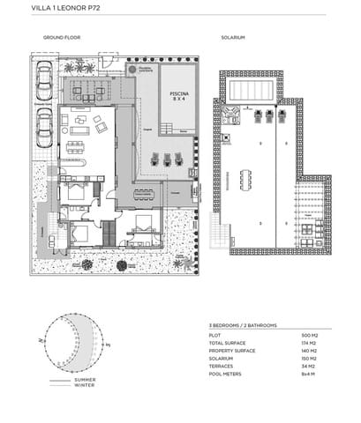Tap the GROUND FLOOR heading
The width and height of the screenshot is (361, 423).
(x=58, y=39)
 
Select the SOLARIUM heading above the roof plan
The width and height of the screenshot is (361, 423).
(x=233, y=39)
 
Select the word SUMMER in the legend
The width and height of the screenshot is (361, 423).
(x=86, y=379)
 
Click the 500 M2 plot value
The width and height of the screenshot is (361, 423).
(x=310, y=336)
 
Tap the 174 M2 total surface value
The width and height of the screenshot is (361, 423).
(x=310, y=344)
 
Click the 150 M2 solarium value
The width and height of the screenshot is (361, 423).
(x=310, y=359)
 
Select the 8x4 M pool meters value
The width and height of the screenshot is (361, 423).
(x=310, y=374)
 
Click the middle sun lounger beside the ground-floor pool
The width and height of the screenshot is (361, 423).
(x=168, y=159)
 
